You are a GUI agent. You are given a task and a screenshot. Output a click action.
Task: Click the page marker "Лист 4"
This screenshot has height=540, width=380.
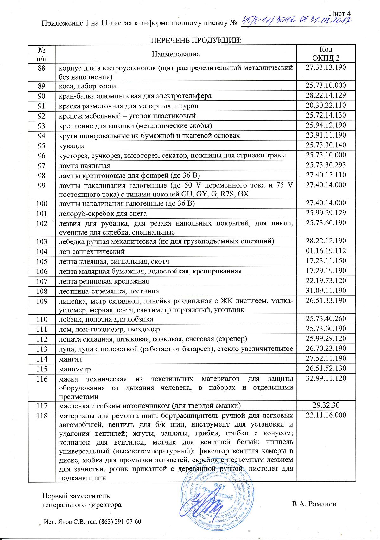coord(340,13)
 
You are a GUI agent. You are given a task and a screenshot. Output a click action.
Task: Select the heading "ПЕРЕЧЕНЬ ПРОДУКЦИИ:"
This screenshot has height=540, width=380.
coord(196,41)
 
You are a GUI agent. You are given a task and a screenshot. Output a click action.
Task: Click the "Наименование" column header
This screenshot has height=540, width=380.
coord(176,54)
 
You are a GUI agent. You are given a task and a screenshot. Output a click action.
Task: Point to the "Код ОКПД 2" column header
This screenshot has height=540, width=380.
coord(326,54)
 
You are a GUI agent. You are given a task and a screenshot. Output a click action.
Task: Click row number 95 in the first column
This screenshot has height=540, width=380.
coord(41,146)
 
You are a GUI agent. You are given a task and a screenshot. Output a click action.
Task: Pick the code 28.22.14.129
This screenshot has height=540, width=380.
coord(326,95)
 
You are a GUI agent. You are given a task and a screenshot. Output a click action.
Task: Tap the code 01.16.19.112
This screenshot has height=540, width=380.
coord(326,251)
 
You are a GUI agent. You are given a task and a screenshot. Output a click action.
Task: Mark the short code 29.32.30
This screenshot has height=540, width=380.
coord(326,405)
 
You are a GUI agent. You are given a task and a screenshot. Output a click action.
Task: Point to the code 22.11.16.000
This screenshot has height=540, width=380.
coord(326,415)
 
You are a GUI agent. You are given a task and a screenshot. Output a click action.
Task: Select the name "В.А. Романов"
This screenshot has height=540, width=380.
coord(314,504)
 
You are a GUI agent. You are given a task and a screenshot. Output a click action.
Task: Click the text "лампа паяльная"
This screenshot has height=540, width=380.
coord(85,166)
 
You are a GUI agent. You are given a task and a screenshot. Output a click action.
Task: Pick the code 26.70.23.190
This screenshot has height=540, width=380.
coord(326,348)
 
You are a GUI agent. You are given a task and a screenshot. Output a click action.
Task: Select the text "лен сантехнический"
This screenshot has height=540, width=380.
coord(92,252)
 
